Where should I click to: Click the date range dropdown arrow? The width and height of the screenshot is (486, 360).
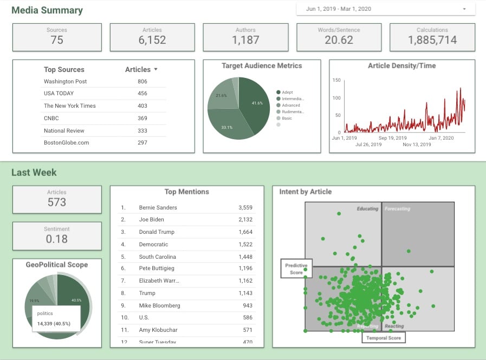click(464, 9)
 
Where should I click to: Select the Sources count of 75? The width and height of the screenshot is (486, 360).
click(57, 40)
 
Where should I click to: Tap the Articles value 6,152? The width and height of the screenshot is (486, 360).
click(152, 40)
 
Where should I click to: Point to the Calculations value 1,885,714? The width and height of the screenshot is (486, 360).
click(432, 40)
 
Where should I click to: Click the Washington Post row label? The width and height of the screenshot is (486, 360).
click(66, 81)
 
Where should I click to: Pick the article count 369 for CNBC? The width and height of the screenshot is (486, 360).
click(142, 118)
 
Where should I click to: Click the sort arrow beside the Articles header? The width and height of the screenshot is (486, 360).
click(156, 69)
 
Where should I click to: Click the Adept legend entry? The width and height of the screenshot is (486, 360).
click(287, 92)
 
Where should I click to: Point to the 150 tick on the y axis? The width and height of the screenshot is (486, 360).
click(336, 80)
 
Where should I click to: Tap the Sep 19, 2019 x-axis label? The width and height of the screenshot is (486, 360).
click(393, 138)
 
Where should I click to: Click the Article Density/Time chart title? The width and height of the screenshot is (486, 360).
click(402, 66)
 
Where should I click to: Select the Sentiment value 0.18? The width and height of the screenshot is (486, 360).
click(57, 239)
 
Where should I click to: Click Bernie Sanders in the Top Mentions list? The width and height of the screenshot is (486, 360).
click(158, 207)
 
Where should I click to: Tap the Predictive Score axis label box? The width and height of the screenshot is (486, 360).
click(296, 269)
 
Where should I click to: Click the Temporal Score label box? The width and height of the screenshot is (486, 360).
click(384, 338)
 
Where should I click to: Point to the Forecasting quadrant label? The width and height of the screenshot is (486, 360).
click(397, 209)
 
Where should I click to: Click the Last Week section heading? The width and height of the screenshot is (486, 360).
click(34, 173)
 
